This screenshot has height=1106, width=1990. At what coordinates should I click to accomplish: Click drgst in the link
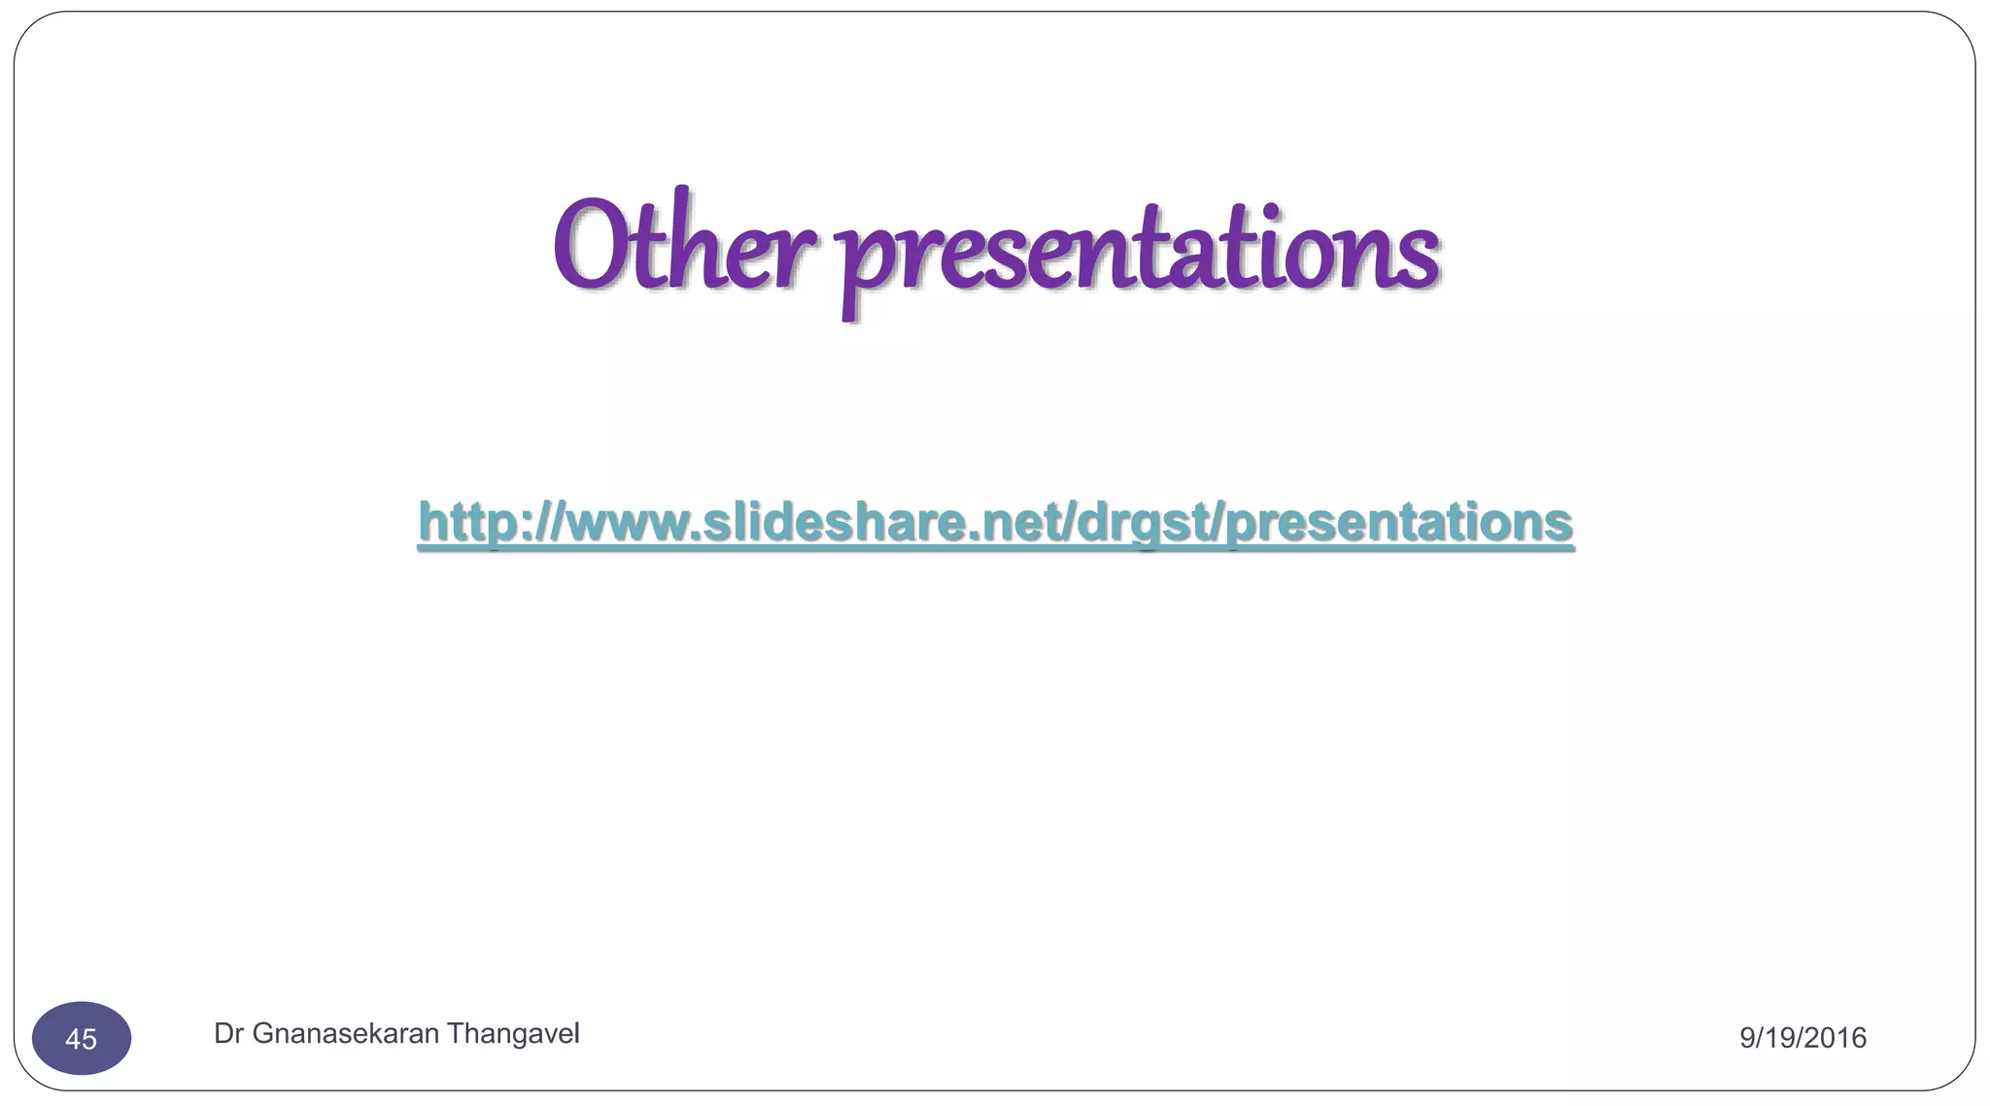pos(1144,522)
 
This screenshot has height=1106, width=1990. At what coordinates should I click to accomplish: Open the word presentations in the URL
pos(1398,522)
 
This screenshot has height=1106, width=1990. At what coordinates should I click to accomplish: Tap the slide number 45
pos(82,1039)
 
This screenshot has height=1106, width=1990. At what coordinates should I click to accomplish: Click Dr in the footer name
pos(228,1034)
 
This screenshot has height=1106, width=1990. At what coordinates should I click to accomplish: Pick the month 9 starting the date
pos(1747,1038)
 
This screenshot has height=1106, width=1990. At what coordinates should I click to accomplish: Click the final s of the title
pos(1420,258)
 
